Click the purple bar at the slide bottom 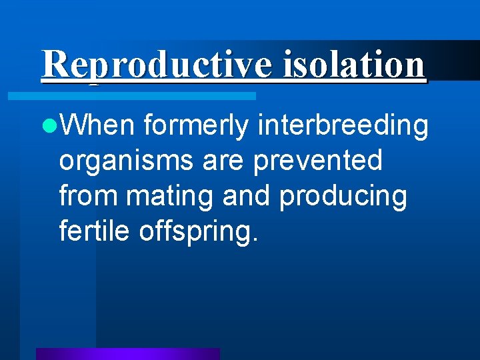pyautogui.click(x=127, y=353)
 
